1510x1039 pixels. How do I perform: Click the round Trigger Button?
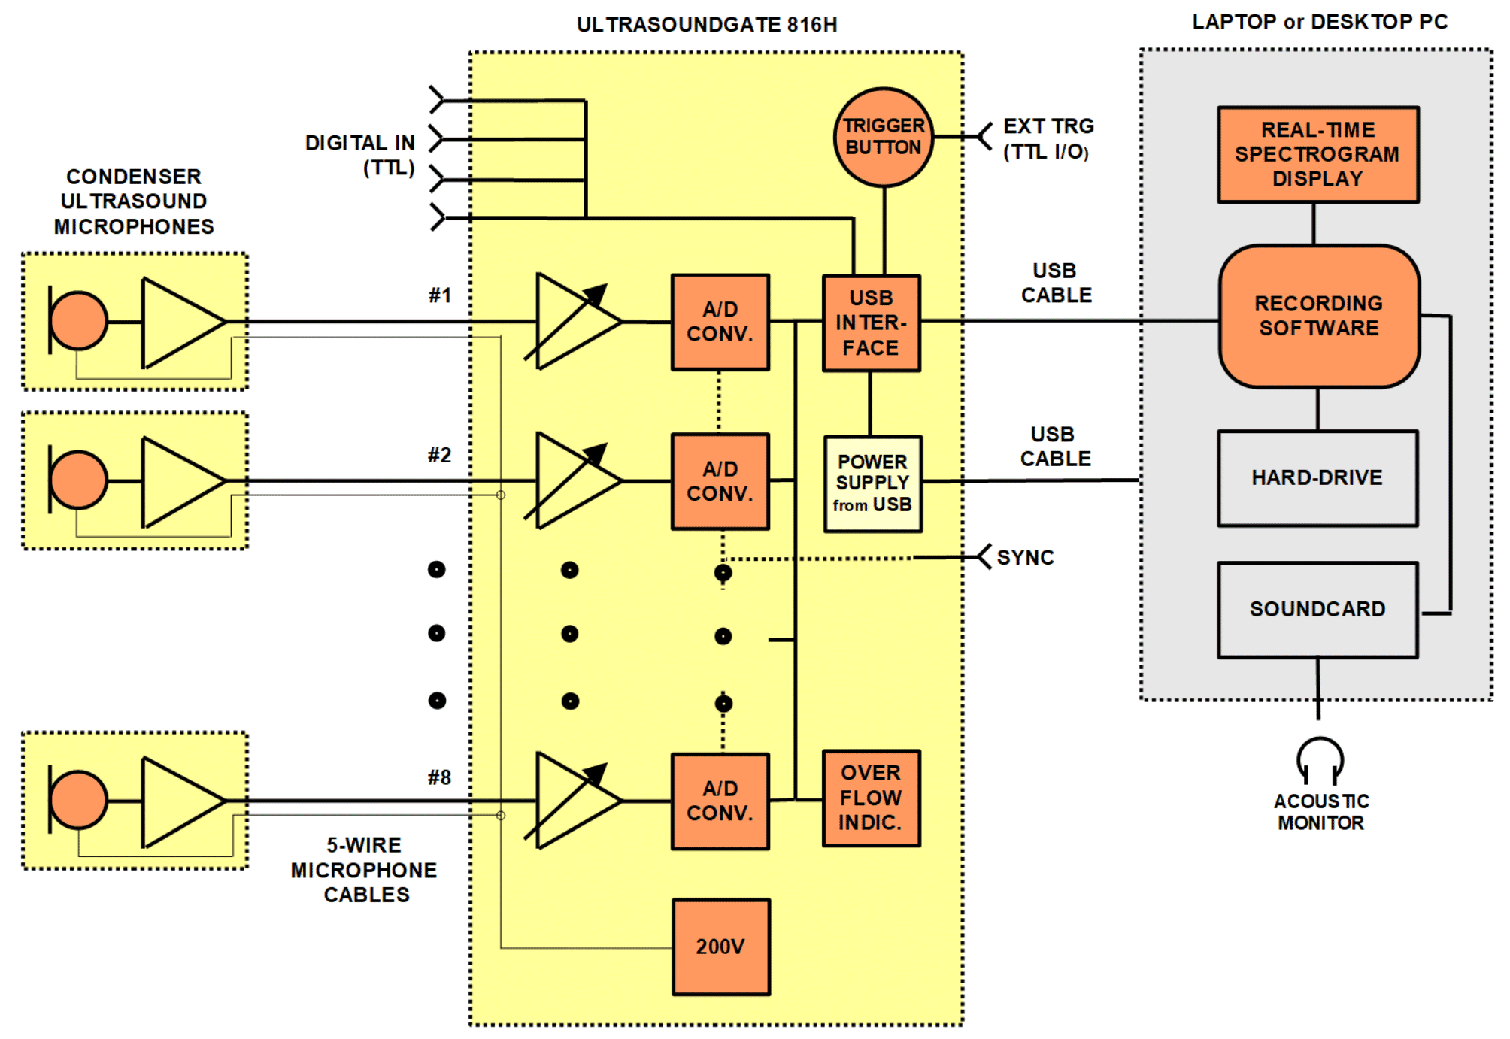point(884,137)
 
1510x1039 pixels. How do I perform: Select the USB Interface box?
point(872,323)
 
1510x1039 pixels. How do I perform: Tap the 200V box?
point(721,947)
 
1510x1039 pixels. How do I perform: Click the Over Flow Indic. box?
point(872,798)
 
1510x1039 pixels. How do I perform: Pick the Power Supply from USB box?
point(872,483)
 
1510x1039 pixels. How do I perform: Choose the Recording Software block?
point(1319,317)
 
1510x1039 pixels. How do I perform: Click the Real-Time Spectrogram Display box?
point(1318,154)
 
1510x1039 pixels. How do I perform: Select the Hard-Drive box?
point(1318,478)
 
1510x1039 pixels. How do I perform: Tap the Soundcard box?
point(1318,610)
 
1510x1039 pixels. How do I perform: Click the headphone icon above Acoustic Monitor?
point(1320,760)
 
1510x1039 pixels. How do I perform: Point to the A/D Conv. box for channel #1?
point(720,322)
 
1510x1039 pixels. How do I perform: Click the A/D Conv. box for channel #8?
point(720,801)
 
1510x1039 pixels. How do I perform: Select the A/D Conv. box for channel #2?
point(720,481)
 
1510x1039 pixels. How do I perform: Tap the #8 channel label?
point(440,777)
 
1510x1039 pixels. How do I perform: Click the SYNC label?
point(1025,557)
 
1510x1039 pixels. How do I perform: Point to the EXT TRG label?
point(1048,126)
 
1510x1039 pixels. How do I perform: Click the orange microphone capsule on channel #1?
point(78,321)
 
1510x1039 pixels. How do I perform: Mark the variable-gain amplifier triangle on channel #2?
point(576,480)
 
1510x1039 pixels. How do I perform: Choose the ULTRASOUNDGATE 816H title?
point(707,25)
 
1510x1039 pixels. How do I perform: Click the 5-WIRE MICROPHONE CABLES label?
point(365,870)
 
